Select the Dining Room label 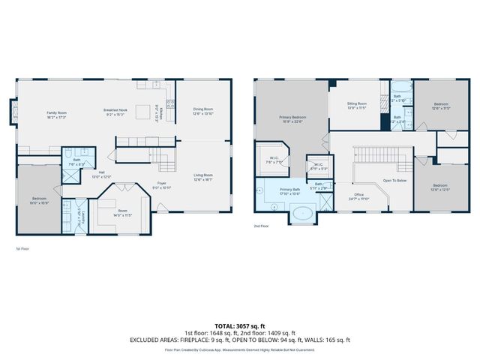[x=203, y=112]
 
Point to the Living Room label [x=203, y=177]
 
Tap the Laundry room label [x=82, y=217]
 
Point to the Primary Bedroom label [x=292, y=119]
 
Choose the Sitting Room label [x=356, y=106]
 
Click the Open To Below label [x=394, y=181]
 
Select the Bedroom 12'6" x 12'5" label [x=439, y=187]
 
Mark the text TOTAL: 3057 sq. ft [x=240, y=325]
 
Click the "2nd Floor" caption [x=261, y=226]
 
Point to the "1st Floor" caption [x=23, y=248]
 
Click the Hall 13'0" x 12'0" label [x=101, y=175]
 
